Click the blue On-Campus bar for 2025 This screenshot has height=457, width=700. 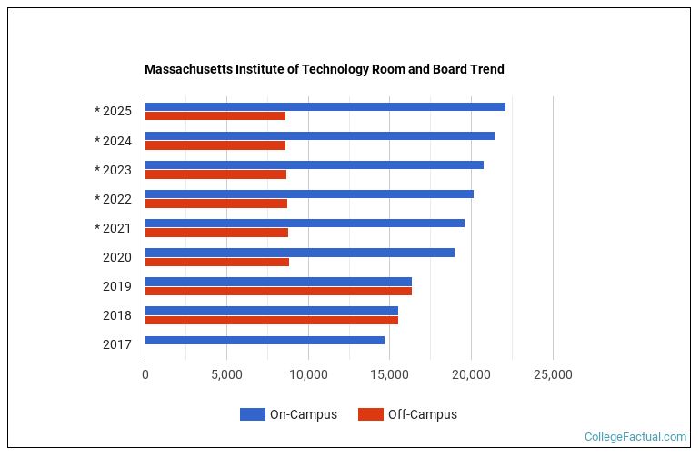(x=325, y=107)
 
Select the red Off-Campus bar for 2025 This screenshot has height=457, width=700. (x=215, y=116)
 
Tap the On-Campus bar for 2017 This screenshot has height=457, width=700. (x=265, y=340)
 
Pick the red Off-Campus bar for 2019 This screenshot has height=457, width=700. (x=278, y=291)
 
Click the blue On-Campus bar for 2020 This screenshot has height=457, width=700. (x=299, y=253)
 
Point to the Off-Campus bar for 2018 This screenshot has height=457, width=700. (x=271, y=320)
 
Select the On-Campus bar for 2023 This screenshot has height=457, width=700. (x=314, y=165)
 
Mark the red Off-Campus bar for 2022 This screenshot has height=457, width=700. (x=216, y=204)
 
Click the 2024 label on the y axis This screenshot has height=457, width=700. (x=114, y=141)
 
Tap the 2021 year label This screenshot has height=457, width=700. (x=114, y=228)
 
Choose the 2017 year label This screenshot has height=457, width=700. (x=117, y=344)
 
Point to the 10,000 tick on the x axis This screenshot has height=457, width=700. (x=308, y=374)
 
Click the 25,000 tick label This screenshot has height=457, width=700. (x=553, y=374)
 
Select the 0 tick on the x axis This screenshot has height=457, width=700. (x=145, y=374)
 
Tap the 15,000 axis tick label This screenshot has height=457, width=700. (x=390, y=374)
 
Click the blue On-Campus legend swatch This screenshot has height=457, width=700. (x=252, y=414)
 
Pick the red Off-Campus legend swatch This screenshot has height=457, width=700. (x=370, y=414)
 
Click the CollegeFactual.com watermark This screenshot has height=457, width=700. (x=635, y=437)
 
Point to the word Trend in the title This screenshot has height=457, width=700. (x=486, y=69)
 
